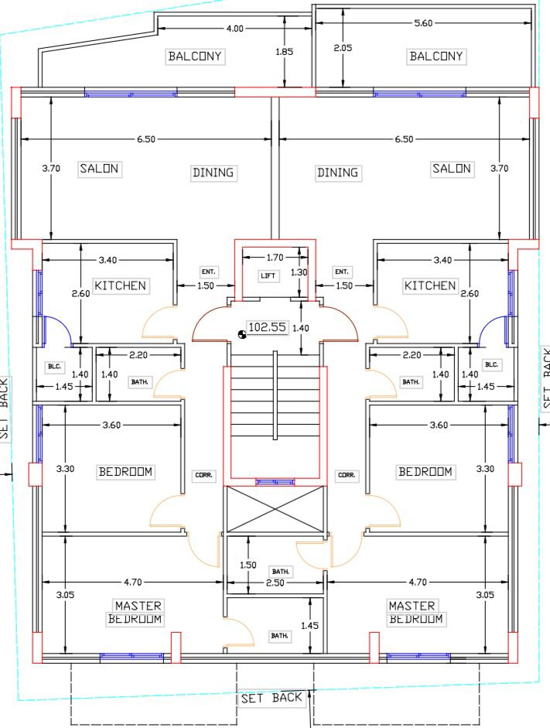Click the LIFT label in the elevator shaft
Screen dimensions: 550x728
point(268,275)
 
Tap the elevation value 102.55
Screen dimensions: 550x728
point(268,326)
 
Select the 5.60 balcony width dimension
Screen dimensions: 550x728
point(423,22)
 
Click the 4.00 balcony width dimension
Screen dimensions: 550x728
point(235,29)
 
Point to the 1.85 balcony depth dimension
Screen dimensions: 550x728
point(284,52)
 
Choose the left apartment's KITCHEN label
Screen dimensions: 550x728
point(120,285)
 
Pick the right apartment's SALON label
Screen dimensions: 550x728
point(452,168)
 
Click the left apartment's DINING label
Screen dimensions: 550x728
point(213,173)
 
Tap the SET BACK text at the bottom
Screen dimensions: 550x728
point(272,698)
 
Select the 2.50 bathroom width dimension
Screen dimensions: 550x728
point(275,583)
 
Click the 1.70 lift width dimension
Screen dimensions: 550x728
point(275,257)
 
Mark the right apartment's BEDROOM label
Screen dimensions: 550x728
point(425,472)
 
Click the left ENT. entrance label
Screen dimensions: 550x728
point(208,272)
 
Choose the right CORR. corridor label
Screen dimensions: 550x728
point(347,475)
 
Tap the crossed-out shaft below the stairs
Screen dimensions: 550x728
point(275,509)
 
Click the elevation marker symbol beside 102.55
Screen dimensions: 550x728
point(242,333)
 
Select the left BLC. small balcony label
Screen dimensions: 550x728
point(54,367)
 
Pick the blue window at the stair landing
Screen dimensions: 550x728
point(275,483)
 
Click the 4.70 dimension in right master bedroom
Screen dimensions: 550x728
point(418,582)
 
